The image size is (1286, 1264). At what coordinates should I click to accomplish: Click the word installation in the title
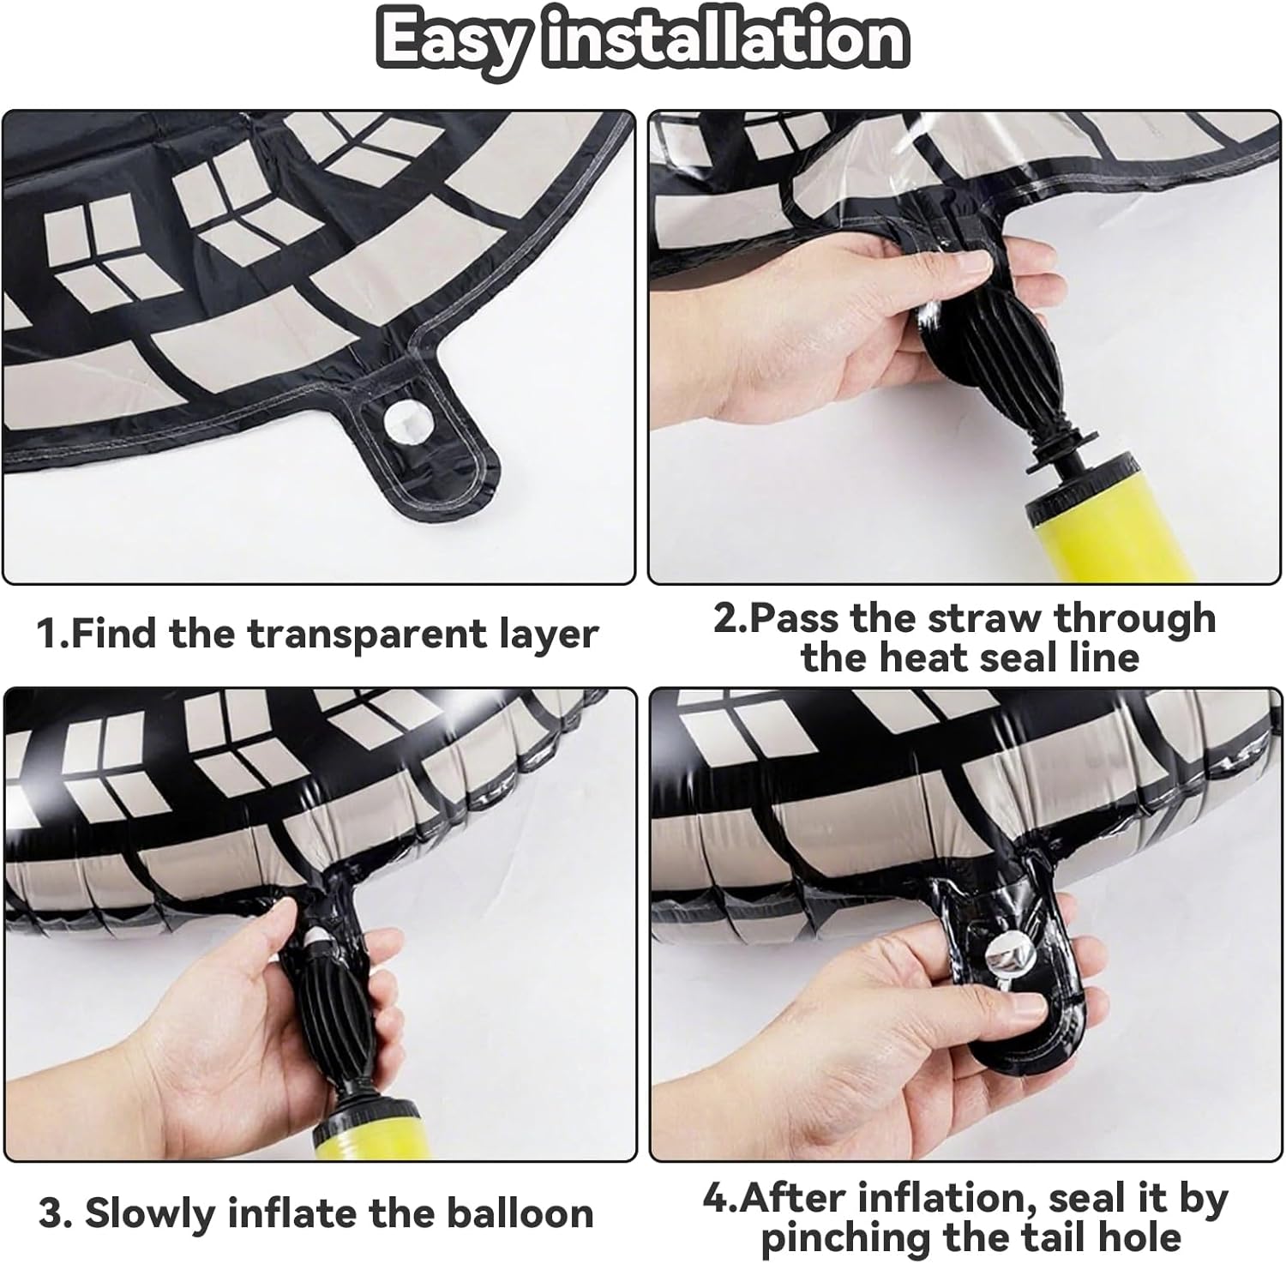[x=724, y=39]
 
